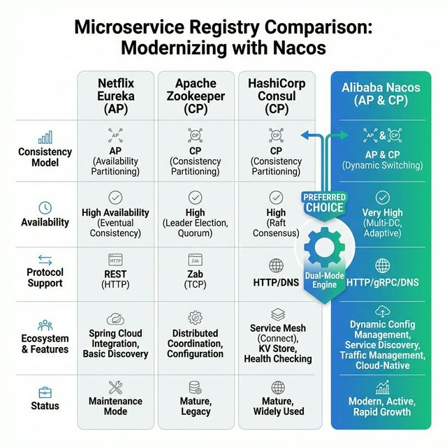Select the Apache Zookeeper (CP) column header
coord(196,96)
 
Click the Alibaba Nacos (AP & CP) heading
coord(381,96)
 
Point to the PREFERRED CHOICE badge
coord(324,203)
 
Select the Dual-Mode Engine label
coord(323,280)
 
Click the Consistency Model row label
coord(45,157)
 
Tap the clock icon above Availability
coord(45,207)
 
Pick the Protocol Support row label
coord(45,277)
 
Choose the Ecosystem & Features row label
coord(45,344)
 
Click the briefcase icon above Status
coord(45,392)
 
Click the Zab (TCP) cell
coord(196,279)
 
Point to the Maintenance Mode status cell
coord(115,406)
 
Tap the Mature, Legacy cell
coord(196,406)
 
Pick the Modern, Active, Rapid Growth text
coord(381,406)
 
